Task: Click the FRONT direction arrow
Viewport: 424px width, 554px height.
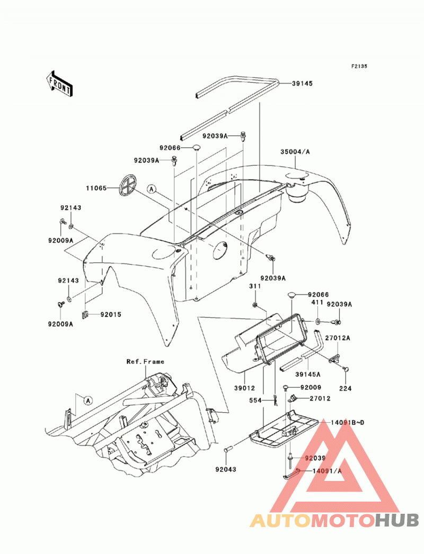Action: pos(59,84)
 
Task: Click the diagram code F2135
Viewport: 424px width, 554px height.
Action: pos(359,66)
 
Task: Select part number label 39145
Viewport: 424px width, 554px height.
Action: pos(302,84)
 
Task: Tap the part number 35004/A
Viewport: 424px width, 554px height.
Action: pos(295,151)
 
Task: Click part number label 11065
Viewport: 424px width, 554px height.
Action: pos(96,188)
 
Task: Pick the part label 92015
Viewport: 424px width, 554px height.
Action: pos(111,314)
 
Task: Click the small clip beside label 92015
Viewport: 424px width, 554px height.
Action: pos(85,314)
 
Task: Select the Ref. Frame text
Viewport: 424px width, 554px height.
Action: pos(145,361)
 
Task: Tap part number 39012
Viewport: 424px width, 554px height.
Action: pos(244,388)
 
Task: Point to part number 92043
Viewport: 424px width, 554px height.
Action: pos(225,469)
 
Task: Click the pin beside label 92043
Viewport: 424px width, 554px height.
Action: pos(227,450)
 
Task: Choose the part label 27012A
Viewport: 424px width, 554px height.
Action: pos(338,338)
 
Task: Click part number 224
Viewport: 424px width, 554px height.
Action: pos(346,389)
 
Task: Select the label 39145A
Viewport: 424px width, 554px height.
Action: pos(308,375)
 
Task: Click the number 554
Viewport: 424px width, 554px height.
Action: pos(255,401)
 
